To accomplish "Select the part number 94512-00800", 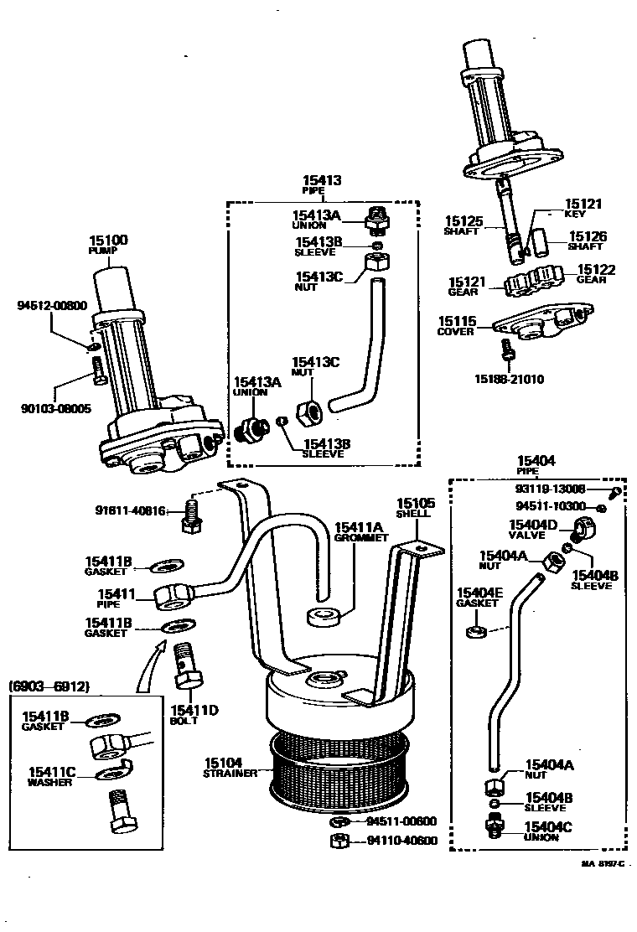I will point(52,306).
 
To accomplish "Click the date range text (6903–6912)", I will point(49,686).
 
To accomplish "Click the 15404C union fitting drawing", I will point(494,826).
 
